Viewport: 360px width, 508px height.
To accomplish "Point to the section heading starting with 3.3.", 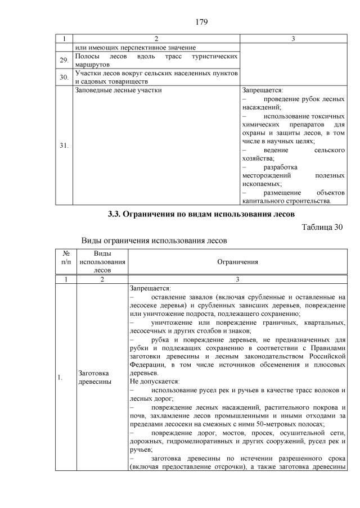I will (x=201, y=214).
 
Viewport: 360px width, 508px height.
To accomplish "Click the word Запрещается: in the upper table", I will (x=262, y=89).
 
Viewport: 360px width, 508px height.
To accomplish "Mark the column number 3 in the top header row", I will (x=293, y=39).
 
